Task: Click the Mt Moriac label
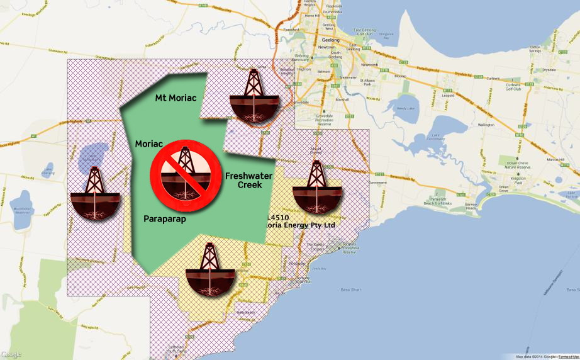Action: pos(176,98)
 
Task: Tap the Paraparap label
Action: pos(165,220)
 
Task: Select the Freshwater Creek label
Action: pos(249,180)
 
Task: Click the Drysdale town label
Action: pos(549,70)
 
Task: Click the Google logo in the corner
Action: pos(11,354)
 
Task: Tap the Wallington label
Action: pos(487,125)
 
